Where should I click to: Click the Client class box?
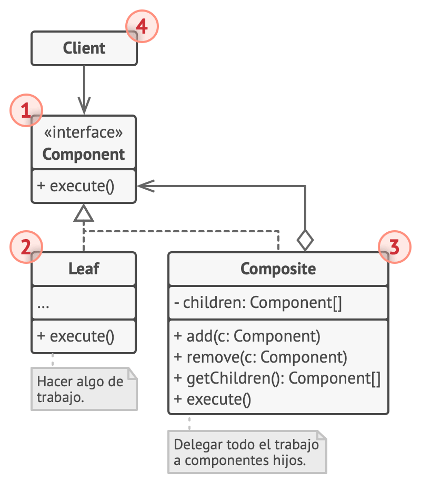pyautogui.click(x=84, y=48)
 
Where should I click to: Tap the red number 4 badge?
pyautogui.click(x=142, y=26)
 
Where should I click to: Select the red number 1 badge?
pyautogui.click(x=26, y=110)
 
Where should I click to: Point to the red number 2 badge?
pyautogui.click(x=26, y=246)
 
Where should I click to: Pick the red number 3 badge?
pyautogui.click(x=395, y=246)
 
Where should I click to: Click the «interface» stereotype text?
pyautogui.click(x=83, y=132)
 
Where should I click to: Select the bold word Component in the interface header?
pyautogui.click(x=84, y=155)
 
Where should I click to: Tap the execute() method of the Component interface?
pyautogui.click(x=76, y=186)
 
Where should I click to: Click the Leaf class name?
pyautogui.click(x=84, y=269)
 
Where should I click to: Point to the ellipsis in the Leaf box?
pyautogui.click(x=43, y=306)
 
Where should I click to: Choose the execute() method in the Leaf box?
pyautogui.click(x=76, y=336)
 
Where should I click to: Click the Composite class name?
pyautogui.click(x=278, y=269)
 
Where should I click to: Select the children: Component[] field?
pyautogui.click(x=258, y=303)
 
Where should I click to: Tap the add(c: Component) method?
pyautogui.click(x=247, y=336)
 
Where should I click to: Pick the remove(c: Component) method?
pyautogui.click(x=260, y=357)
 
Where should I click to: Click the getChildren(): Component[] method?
pyautogui.click(x=277, y=378)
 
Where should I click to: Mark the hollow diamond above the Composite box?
pyautogui.click(x=305, y=241)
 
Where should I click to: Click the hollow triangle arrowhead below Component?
pyautogui.click(x=83, y=213)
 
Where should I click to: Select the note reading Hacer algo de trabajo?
pyautogui.click(x=84, y=389)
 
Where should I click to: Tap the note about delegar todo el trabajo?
pyautogui.click(x=247, y=452)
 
